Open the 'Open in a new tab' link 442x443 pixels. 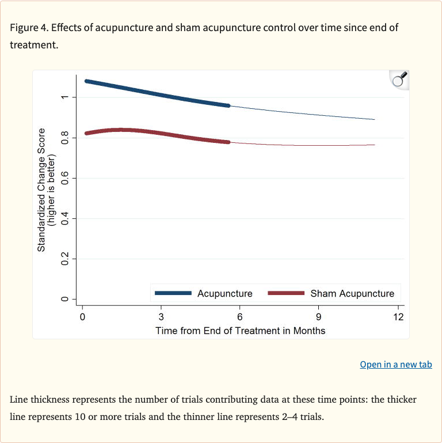(395, 364)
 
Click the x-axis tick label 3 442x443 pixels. (161, 317)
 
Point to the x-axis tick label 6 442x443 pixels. (240, 317)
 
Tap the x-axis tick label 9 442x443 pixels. (318, 317)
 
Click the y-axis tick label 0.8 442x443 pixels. (64, 138)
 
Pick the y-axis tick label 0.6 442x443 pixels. (64, 179)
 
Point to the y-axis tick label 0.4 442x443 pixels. (64, 219)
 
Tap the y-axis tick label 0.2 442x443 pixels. (64, 259)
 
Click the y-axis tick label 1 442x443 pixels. (64, 97)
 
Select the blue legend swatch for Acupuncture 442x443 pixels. (173, 293)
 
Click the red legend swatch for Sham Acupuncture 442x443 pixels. (286, 293)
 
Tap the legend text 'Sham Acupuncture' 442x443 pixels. (352, 293)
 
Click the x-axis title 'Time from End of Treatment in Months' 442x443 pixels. (240, 331)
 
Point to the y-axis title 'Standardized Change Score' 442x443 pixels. (41, 190)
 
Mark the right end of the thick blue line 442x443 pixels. (228, 106)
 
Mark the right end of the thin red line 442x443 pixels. (375, 145)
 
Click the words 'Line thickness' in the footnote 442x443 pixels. (38, 399)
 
